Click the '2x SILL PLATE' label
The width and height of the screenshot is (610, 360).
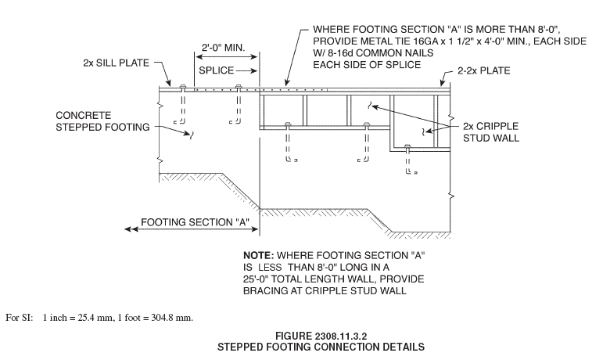(x=116, y=63)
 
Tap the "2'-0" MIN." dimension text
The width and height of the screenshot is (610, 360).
(x=224, y=48)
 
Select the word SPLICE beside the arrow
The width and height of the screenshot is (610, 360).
(x=217, y=70)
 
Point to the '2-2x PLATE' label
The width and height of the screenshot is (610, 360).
(x=483, y=71)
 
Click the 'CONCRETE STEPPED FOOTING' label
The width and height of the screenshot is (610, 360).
(x=102, y=121)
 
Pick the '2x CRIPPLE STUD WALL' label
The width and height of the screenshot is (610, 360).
(x=490, y=132)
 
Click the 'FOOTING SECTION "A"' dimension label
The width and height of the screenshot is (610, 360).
(x=195, y=222)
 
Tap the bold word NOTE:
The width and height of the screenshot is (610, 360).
(x=259, y=256)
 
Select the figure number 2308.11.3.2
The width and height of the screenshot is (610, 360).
(x=341, y=336)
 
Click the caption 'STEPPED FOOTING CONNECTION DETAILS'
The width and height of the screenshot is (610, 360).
(x=321, y=347)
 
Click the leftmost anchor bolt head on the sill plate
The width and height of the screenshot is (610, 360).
(x=182, y=85)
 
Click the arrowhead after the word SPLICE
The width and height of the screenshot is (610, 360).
(x=254, y=71)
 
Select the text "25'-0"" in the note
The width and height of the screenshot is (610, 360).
(x=257, y=279)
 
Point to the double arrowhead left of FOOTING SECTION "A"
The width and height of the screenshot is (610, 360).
(x=131, y=229)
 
